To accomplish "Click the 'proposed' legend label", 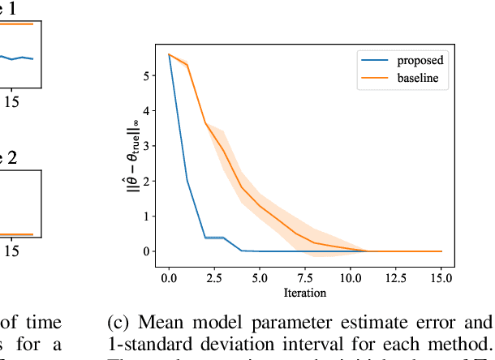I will [420, 59].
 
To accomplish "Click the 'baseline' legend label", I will [419, 77].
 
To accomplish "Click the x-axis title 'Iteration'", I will [305, 292].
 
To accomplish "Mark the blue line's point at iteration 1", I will [187, 179].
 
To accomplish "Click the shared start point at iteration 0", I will [169, 54].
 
